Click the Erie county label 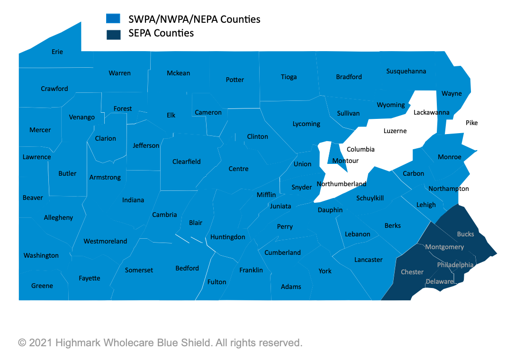coord(57,52)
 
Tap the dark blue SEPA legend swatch coord(113,33)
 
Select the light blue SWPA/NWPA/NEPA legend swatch coord(113,18)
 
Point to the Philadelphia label coord(455,265)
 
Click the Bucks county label coord(465,234)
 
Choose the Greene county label coord(42,286)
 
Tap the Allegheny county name coord(58,217)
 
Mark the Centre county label coord(238,169)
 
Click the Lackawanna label coord(431,112)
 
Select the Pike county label coord(471,123)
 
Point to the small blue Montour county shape coord(337,154)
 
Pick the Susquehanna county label coord(406,71)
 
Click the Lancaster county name coord(368,260)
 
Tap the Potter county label coord(235,80)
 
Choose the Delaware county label coord(440,281)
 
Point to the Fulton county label coord(217,282)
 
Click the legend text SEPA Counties coord(161,33)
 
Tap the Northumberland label coord(341,184)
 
